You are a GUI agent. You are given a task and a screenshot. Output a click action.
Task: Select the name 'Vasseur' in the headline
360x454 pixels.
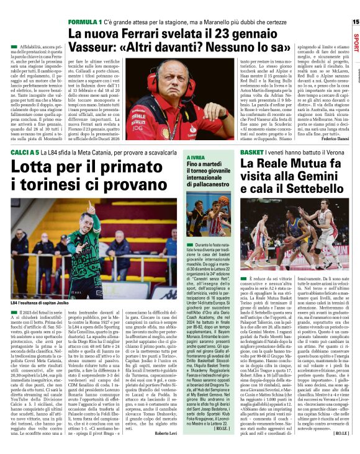(98, 48)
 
